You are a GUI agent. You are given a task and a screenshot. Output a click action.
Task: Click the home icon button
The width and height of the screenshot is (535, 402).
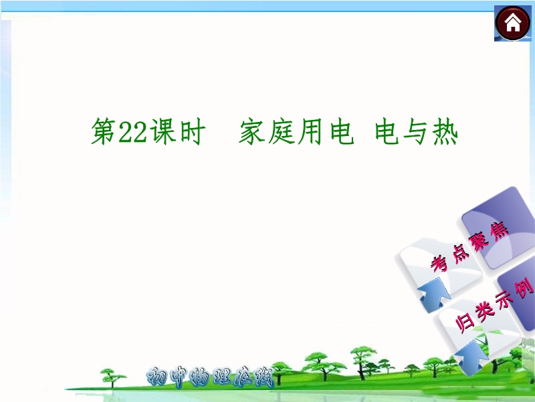512,23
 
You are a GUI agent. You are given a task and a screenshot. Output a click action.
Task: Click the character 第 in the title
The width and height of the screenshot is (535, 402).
104,131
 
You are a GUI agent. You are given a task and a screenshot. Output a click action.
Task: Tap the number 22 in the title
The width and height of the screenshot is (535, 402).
132,132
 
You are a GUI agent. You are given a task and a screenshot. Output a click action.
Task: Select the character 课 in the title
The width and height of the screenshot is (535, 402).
163,131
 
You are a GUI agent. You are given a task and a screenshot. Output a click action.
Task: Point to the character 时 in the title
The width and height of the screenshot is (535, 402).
193,132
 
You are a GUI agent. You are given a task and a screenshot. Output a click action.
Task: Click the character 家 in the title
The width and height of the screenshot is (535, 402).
252,131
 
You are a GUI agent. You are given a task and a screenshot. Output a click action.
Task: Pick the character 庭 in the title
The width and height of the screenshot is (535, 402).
281,131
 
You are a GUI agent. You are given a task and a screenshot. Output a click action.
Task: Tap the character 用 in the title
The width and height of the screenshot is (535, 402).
310,131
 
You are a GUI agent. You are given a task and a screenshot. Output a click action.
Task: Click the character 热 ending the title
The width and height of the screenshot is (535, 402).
445,131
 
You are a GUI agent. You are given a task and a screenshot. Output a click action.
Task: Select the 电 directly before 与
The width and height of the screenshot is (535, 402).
387,131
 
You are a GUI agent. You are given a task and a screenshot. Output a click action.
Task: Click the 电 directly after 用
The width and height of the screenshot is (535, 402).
342,131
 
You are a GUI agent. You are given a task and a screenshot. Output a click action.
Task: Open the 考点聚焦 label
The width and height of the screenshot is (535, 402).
469,246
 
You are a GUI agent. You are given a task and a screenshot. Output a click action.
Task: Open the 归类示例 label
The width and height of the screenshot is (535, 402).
494,306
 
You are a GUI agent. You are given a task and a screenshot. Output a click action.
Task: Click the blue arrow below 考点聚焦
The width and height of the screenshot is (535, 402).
434,294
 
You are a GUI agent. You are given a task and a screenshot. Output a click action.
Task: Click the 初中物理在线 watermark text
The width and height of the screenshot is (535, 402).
210,377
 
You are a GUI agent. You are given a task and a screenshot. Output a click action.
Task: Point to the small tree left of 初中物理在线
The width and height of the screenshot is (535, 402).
112,378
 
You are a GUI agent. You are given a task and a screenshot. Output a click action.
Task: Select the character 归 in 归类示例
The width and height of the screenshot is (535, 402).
465,323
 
